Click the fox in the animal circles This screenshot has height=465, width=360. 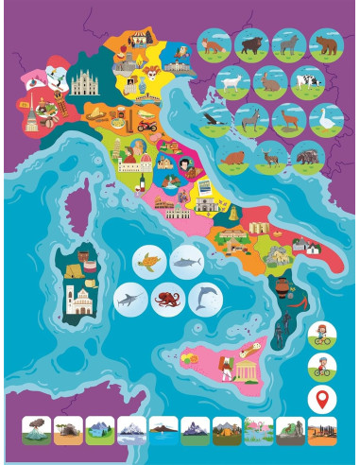pos(214,45)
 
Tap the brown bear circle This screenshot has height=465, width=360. pos(326,44)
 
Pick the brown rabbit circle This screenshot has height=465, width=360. pos(269,82)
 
